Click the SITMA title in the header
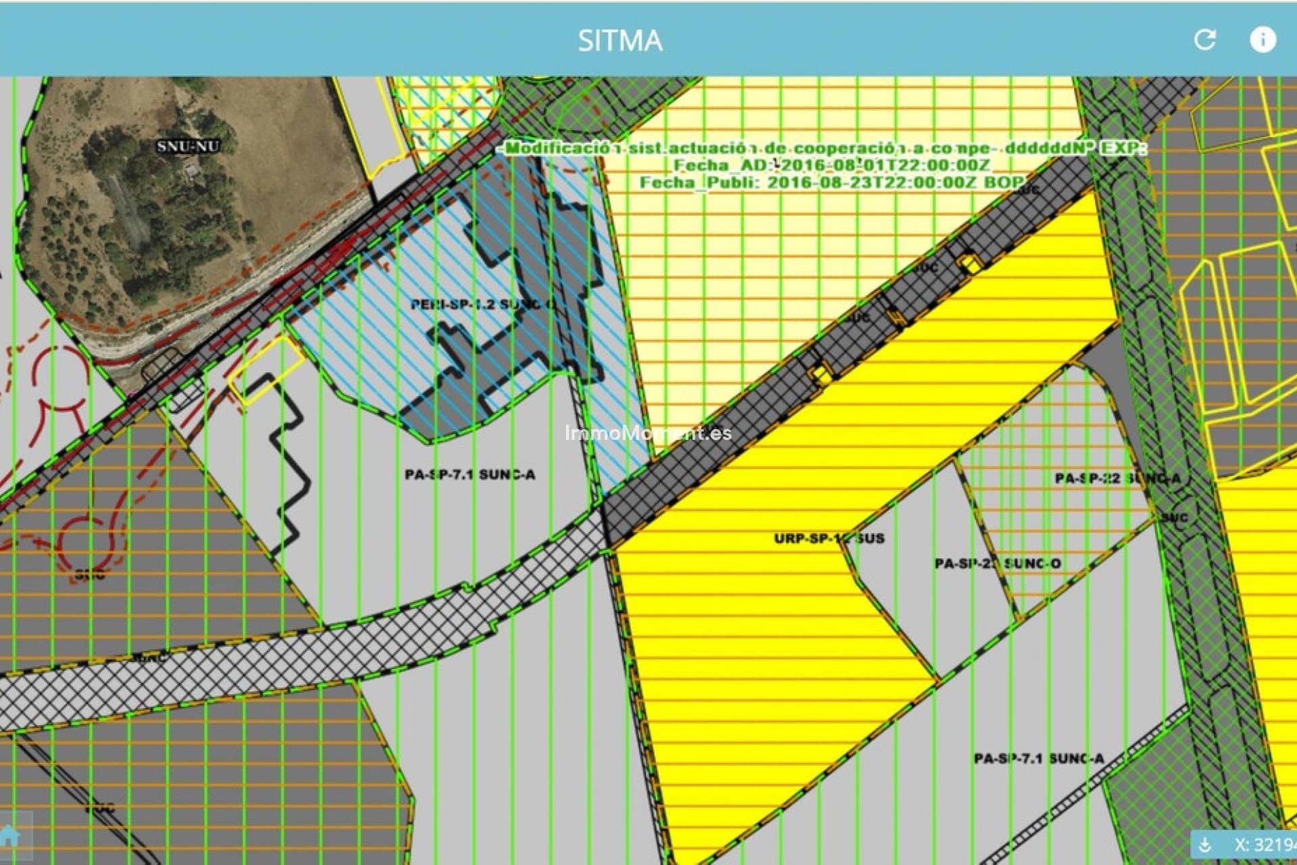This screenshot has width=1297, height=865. pos(620,41)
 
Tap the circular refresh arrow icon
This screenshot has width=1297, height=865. pos(1205,40)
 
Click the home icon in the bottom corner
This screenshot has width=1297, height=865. pos(9,836)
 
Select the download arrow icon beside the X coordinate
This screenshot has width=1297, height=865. pos(1204,845)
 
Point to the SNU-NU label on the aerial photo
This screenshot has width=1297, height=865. pos(188,146)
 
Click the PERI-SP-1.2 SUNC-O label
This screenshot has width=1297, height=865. pos(483,305)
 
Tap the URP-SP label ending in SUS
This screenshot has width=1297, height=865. pos(829,539)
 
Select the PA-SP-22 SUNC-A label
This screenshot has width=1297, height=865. pos(1118,478)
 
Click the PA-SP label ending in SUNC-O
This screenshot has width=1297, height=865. pos(998,564)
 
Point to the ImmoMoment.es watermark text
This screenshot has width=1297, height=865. pos(648,433)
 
